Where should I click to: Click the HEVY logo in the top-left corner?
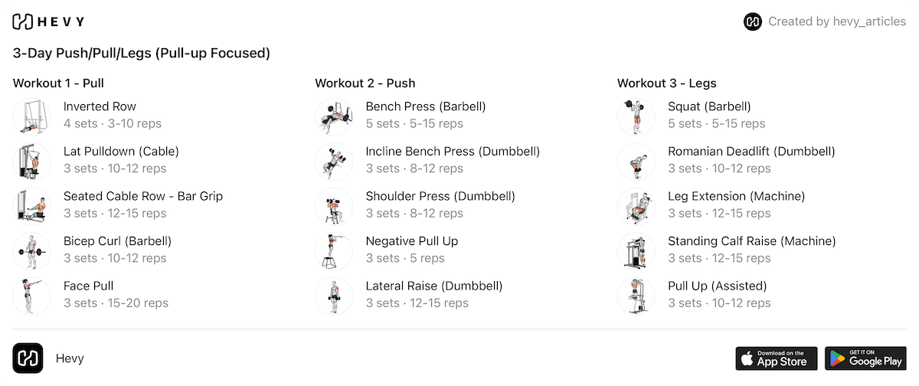(x=49, y=21)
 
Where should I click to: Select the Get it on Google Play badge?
(x=865, y=358)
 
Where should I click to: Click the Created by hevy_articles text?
(x=837, y=21)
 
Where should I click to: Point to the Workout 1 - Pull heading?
(x=58, y=83)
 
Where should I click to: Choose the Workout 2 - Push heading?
(x=365, y=83)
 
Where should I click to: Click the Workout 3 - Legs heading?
(x=666, y=83)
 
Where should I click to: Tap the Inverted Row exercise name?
(x=100, y=106)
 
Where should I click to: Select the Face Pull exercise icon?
(x=31, y=295)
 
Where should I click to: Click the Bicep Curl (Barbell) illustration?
(x=31, y=250)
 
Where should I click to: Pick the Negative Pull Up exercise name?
(x=411, y=241)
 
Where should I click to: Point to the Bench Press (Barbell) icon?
(x=334, y=116)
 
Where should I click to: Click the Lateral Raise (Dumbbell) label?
(x=433, y=286)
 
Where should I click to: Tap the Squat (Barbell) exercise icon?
(x=636, y=116)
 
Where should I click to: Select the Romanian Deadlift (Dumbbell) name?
(x=751, y=152)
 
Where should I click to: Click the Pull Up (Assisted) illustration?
(x=636, y=295)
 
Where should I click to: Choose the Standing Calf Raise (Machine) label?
(x=751, y=241)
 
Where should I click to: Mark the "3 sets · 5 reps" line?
(x=405, y=258)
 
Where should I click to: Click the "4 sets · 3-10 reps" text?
(x=113, y=123)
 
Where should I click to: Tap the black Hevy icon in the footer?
(x=28, y=358)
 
